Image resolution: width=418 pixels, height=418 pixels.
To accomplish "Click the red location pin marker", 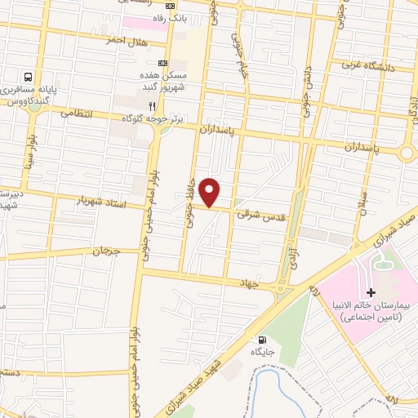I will click(x=211, y=193).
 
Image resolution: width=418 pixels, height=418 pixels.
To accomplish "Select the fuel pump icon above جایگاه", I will click(x=260, y=340).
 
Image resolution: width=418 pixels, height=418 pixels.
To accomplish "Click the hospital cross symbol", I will click(x=371, y=291).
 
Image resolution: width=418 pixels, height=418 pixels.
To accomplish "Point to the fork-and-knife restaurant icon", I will click(x=151, y=106).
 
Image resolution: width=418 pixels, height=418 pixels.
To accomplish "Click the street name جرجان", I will click(x=106, y=252).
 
